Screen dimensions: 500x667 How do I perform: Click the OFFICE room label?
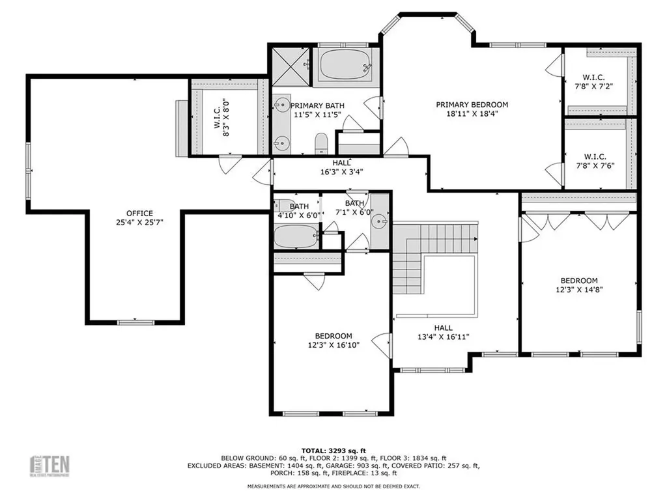click(139, 213)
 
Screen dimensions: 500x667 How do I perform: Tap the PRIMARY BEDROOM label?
click(472, 104)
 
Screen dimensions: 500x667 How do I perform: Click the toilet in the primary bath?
click(320, 142)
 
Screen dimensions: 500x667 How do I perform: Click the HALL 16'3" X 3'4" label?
click(341, 168)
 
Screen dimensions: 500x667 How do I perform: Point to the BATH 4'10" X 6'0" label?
click(294, 210)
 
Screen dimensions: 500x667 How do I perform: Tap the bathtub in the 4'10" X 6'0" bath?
click(295, 236)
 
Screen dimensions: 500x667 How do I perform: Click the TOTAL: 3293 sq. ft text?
click(333, 449)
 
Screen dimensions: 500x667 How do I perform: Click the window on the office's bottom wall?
click(135, 322)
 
